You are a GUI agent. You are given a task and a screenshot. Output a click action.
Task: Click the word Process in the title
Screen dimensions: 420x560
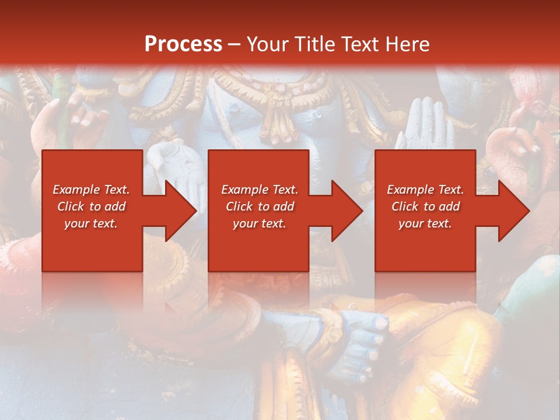point(183,44)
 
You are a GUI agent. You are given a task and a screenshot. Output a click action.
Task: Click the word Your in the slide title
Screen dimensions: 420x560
point(266,44)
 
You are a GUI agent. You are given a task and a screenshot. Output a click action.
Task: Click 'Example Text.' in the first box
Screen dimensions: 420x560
point(91,190)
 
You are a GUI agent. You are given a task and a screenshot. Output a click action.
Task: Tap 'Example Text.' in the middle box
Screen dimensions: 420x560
point(260,190)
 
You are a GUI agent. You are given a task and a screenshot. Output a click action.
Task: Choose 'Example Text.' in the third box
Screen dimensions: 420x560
point(425,190)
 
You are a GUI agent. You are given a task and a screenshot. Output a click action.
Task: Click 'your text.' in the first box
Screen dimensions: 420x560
point(91,223)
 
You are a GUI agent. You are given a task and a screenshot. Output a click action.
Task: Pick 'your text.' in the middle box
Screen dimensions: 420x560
point(260,223)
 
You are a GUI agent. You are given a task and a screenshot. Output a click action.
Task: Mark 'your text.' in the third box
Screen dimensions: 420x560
point(425,223)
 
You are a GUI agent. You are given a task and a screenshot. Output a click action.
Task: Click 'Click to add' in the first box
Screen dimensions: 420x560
point(91,206)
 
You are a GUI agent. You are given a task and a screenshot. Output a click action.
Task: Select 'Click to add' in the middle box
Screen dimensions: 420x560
point(260,206)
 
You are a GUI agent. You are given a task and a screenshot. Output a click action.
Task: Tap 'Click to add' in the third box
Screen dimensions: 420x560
point(425,206)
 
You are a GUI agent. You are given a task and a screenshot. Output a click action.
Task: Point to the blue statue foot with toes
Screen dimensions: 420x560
point(362,344)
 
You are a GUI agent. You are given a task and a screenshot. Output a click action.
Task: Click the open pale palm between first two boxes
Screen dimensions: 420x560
point(175,166)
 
